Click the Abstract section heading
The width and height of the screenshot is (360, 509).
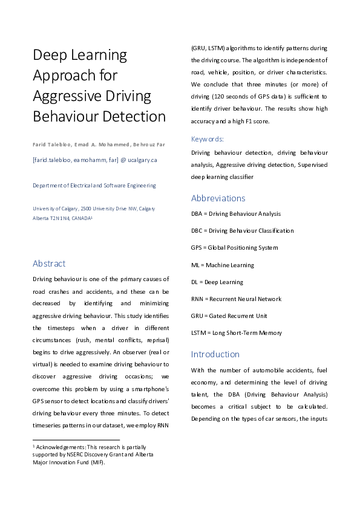tap(49, 264)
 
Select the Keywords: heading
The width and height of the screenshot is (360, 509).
tap(208, 138)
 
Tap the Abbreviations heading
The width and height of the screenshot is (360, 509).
tap(218, 198)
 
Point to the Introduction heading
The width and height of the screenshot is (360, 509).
tap(215, 354)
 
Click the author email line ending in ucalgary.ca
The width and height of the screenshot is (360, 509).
tap(95, 160)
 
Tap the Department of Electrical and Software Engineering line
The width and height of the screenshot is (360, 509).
tap(94, 186)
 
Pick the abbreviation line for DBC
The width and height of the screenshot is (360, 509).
tap(242, 231)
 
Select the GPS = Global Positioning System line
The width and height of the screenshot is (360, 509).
tap(234, 248)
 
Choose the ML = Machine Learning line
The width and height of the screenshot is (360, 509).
tap(222, 265)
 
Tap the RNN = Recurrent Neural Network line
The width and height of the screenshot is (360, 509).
tap(236, 299)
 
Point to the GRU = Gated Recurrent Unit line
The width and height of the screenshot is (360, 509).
tap(230, 316)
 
